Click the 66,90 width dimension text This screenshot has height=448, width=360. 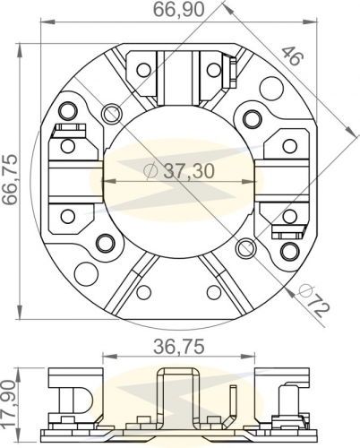[179, 10]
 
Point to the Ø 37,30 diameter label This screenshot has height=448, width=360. [179, 171]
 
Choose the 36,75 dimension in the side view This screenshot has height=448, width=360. [179, 347]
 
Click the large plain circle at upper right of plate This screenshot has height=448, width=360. [271, 87]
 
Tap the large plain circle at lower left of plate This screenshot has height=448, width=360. [86, 273]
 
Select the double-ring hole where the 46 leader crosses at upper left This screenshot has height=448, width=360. [112, 113]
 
